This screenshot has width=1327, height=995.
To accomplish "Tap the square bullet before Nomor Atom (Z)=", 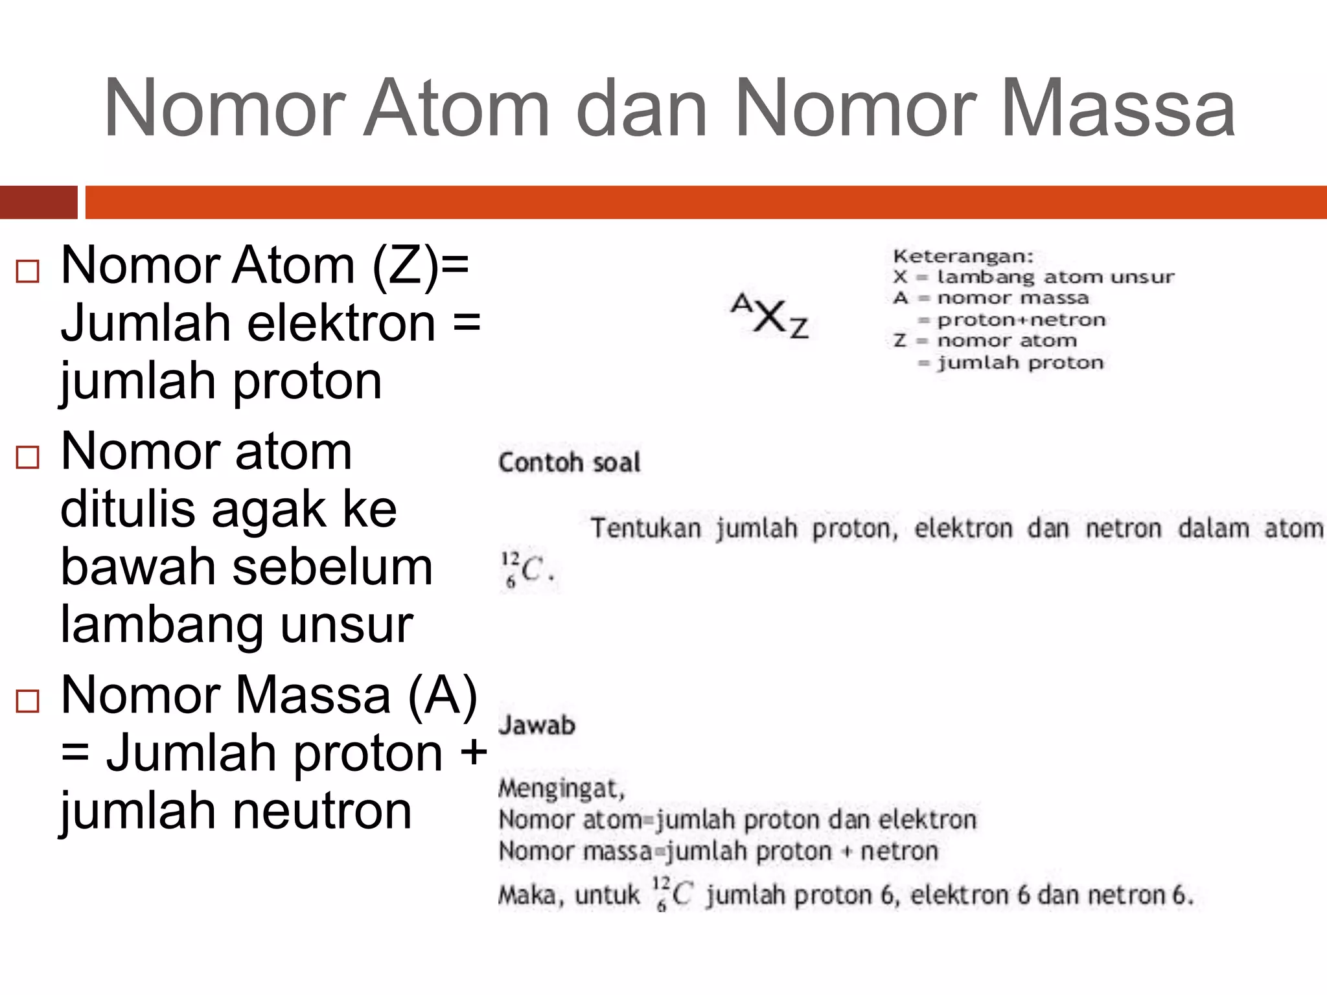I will click(28, 271).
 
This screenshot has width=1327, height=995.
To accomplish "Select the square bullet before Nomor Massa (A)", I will click(28, 702).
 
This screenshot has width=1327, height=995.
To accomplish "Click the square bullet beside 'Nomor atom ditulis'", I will click(28, 457).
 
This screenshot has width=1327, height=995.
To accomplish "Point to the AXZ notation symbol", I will click(770, 317).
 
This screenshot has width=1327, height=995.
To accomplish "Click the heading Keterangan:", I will click(963, 257).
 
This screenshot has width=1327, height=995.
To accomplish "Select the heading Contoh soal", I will click(570, 463).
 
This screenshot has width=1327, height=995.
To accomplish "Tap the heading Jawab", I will click(537, 725).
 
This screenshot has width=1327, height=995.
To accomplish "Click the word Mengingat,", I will click(561, 788).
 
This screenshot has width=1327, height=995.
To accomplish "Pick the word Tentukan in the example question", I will click(645, 529).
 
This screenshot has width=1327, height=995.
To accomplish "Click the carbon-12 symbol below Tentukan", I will click(526, 570).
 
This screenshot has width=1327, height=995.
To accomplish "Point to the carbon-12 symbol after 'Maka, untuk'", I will click(672, 894).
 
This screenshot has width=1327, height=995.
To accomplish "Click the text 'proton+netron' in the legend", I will click(1021, 320).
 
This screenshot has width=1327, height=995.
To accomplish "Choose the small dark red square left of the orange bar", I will click(38, 202).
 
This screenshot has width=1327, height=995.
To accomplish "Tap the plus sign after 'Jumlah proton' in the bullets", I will click(472, 753).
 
